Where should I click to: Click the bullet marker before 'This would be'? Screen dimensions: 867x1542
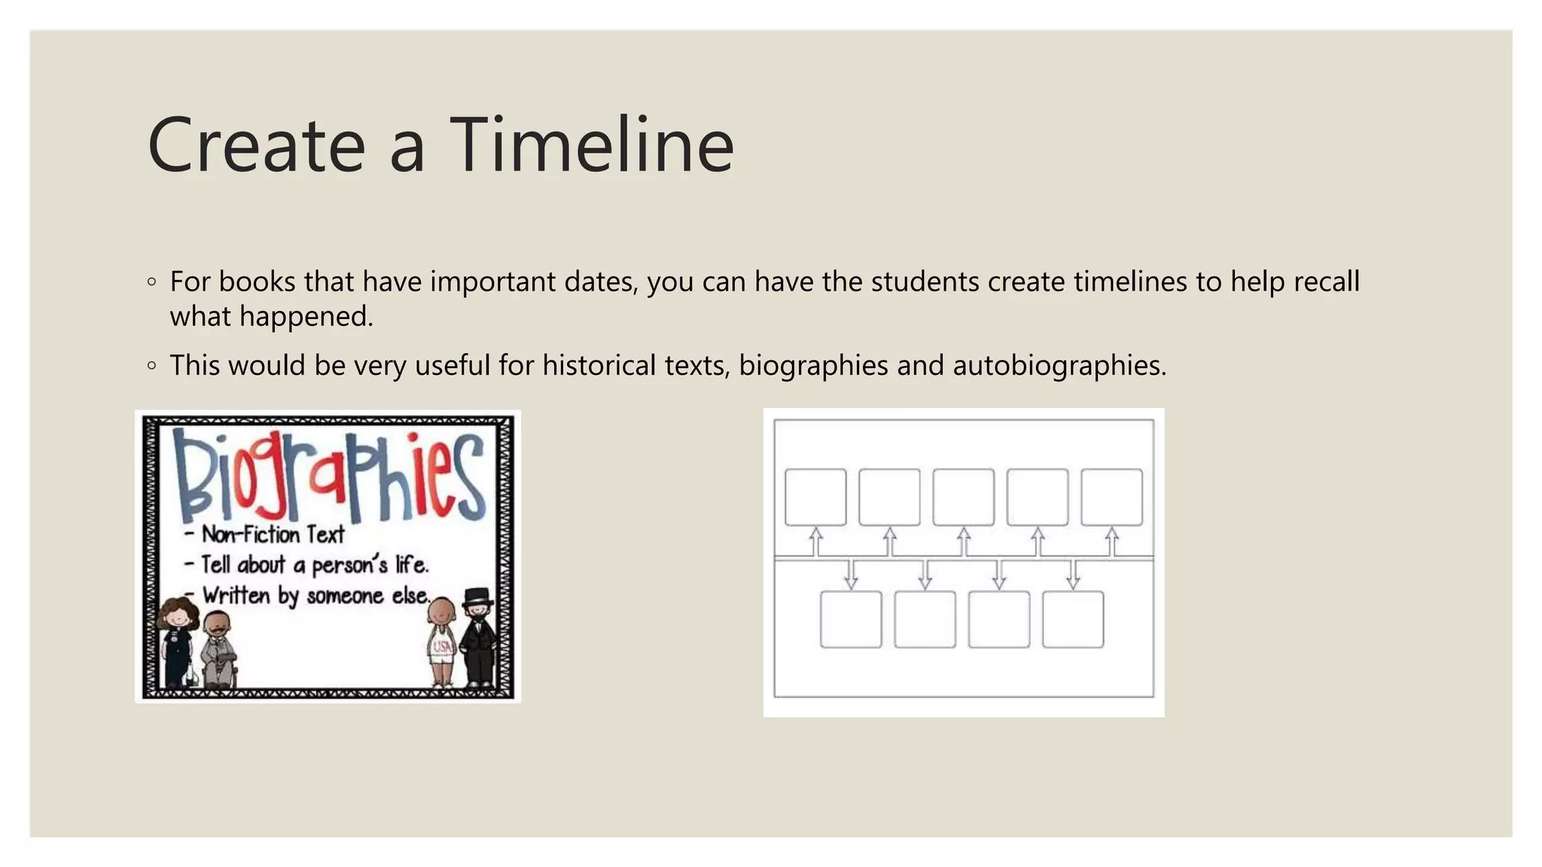(x=152, y=367)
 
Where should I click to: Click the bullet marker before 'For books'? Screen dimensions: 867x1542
(x=152, y=282)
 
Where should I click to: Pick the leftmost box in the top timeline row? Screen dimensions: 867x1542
(x=815, y=497)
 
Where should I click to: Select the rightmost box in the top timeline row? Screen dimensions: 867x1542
(x=1111, y=497)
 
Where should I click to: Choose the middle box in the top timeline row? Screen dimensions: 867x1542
(x=963, y=497)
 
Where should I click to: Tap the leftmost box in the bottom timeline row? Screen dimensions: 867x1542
(x=851, y=619)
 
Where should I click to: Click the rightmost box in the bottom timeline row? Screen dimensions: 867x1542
(x=1073, y=619)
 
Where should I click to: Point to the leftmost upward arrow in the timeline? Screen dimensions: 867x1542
(x=815, y=541)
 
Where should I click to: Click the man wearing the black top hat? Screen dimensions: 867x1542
(x=477, y=636)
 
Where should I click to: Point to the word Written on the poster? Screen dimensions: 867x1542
(x=236, y=595)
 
